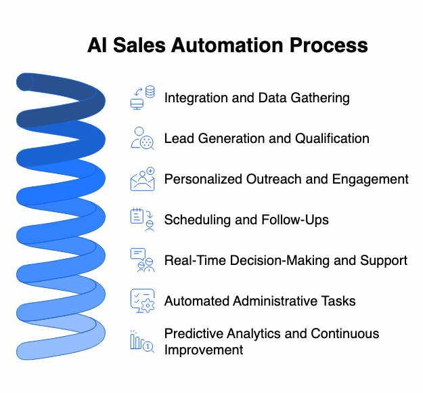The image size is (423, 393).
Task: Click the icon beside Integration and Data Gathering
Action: click(142, 98)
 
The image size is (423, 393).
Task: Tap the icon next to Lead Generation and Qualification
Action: click(142, 138)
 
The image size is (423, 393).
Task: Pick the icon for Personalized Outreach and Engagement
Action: click(142, 179)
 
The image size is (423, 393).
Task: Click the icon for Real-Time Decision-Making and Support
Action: click(142, 260)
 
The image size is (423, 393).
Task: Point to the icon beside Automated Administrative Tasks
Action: click(142, 301)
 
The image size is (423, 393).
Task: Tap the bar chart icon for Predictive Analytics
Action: click(142, 342)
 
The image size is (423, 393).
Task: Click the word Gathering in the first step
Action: click(318, 98)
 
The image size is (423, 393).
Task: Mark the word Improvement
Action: click(203, 350)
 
